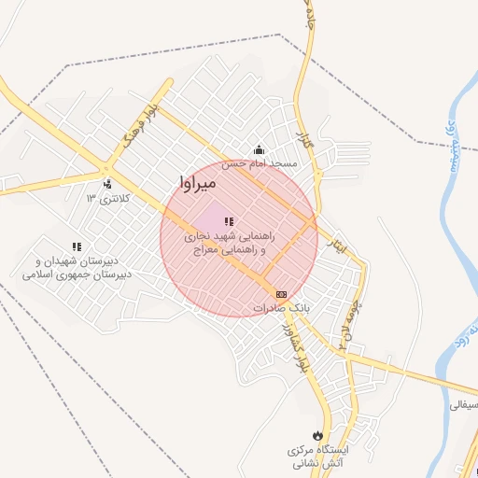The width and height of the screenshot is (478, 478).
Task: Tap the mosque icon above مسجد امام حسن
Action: coord(259,150)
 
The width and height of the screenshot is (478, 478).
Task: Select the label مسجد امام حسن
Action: coord(264,163)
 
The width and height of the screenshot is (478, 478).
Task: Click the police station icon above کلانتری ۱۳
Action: coord(108,184)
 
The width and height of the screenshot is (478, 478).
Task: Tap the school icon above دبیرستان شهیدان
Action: coord(77,246)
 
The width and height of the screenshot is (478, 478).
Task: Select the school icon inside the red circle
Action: coord(228,221)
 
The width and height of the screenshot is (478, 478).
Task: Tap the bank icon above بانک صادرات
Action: coord(282,294)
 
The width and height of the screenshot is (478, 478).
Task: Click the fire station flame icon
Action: coord(319,434)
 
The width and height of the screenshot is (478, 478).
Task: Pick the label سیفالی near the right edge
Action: coord(464,406)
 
